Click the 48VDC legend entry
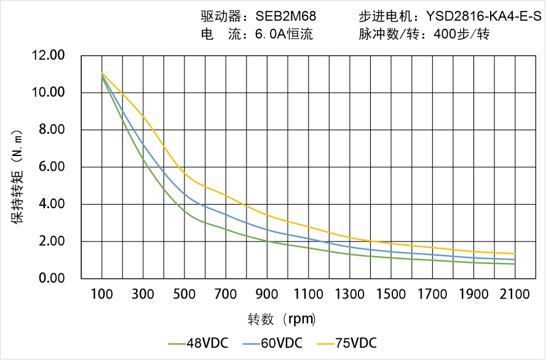(199, 343)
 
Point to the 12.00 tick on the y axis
(48, 56)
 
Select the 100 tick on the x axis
(101, 295)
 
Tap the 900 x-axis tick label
(267, 295)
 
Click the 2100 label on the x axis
(515, 295)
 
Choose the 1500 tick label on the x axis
(391, 295)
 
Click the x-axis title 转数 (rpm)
(282, 319)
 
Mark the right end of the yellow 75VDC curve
(515, 254)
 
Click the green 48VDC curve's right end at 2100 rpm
(515, 264)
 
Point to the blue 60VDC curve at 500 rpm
(184, 195)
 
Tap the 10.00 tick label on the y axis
(48, 93)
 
